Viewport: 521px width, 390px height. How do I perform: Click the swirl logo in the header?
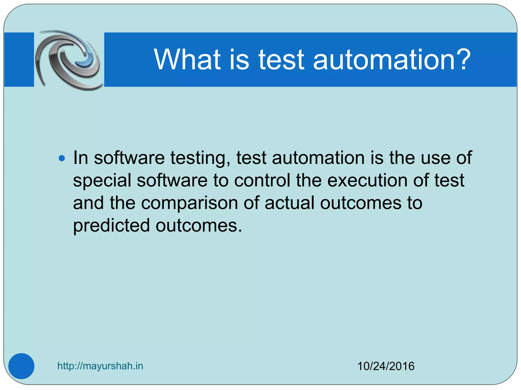(68, 60)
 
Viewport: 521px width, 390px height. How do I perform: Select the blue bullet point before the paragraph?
(62, 159)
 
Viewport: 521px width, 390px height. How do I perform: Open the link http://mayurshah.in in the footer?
(100, 366)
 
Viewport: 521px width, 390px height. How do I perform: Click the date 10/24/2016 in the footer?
(386, 366)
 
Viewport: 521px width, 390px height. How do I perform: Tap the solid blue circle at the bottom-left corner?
(21, 366)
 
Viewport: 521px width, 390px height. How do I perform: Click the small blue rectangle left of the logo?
(19, 60)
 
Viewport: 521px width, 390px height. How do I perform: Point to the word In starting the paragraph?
(81, 158)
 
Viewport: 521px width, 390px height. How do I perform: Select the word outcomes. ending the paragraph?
(199, 226)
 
